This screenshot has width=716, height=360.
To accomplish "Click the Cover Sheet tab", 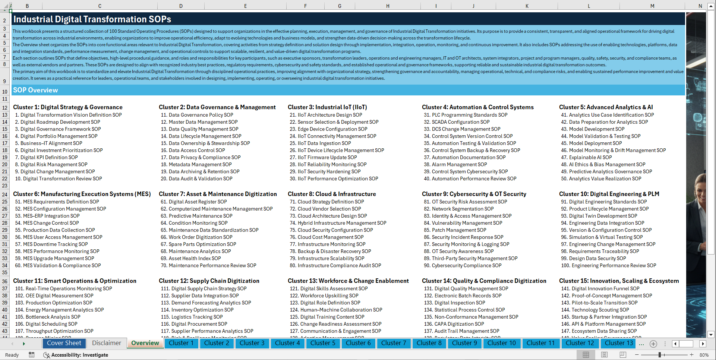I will [x=64, y=343].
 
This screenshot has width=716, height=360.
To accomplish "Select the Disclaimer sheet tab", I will [x=107, y=343].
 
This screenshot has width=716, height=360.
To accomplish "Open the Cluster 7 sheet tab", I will [x=394, y=343].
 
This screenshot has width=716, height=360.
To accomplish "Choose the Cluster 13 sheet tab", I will [x=619, y=343].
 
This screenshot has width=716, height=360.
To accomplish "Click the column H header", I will [x=388, y=6].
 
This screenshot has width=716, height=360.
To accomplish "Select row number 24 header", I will [x=5, y=195].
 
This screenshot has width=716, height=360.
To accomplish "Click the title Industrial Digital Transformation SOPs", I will [x=92, y=19].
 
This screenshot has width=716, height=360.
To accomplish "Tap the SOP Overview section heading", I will [x=35, y=90].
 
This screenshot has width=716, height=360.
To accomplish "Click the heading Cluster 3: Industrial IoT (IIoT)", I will [x=327, y=107].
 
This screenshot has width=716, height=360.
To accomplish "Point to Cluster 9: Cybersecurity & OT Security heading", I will [x=474, y=194].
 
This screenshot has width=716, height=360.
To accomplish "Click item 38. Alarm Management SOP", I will [x=455, y=165].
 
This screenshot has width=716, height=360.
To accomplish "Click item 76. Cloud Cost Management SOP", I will [x=327, y=237].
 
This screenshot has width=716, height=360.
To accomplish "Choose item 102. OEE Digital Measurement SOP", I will [x=54, y=296].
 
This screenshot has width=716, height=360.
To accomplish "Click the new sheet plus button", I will [x=653, y=344].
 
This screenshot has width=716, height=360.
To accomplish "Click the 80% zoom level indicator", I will [x=704, y=355].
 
